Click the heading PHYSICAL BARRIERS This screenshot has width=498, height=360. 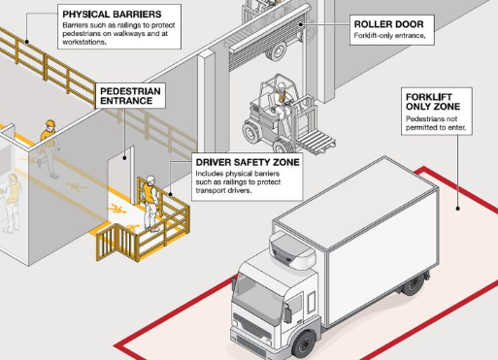[x=112, y=15]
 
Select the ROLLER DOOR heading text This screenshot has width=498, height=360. [x=388, y=24]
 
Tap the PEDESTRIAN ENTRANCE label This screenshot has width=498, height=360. [x=130, y=96]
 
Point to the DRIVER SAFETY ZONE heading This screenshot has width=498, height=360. [x=248, y=162]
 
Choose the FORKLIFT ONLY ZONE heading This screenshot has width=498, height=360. [x=433, y=102]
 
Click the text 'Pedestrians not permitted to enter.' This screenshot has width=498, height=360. [x=436, y=123]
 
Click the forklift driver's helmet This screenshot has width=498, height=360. [x=282, y=85]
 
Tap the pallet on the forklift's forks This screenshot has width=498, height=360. [x=316, y=142]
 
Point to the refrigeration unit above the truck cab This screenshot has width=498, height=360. [x=292, y=249]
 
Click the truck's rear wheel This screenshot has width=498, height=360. [x=413, y=285]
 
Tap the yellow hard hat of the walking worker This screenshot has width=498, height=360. [x=50, y=123]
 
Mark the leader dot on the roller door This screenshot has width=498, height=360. [x=301, y=24]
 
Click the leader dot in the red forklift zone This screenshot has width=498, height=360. [x=457, y=209]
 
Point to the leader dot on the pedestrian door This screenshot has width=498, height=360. [x=124, y=158]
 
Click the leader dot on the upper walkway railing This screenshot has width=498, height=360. [x=27, y=42]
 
